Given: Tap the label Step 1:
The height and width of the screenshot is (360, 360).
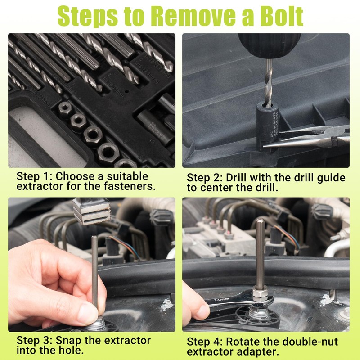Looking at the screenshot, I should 34,176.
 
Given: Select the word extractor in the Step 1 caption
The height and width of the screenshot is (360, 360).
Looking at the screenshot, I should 42,186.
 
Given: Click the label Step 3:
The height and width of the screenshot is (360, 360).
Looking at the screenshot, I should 34,340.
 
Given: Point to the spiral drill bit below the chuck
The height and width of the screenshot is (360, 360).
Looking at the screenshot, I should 269,83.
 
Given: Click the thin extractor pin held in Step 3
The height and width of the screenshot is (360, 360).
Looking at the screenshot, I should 94,270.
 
